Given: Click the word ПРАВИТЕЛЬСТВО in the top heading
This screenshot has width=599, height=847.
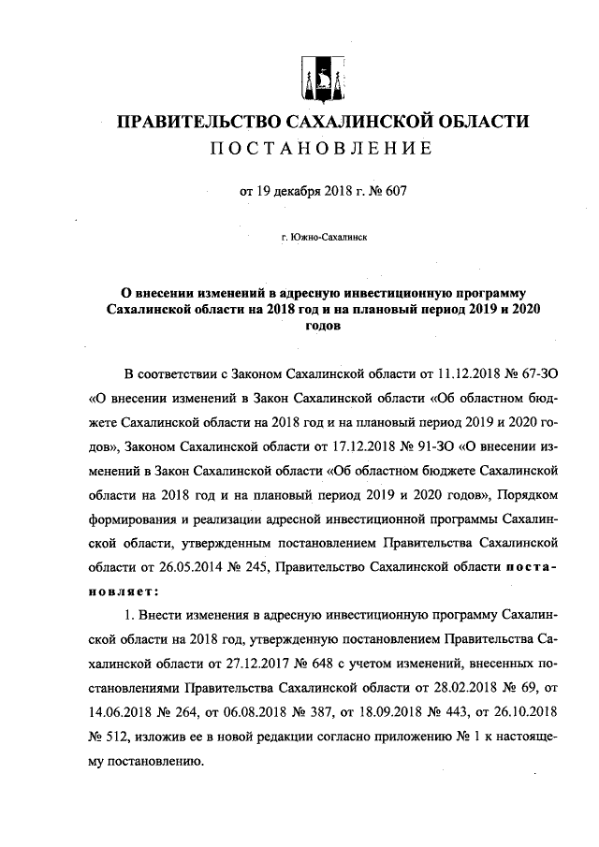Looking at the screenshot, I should click(x=193, y=123).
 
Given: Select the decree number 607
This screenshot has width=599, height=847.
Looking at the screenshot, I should click(x=396, y=194).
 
